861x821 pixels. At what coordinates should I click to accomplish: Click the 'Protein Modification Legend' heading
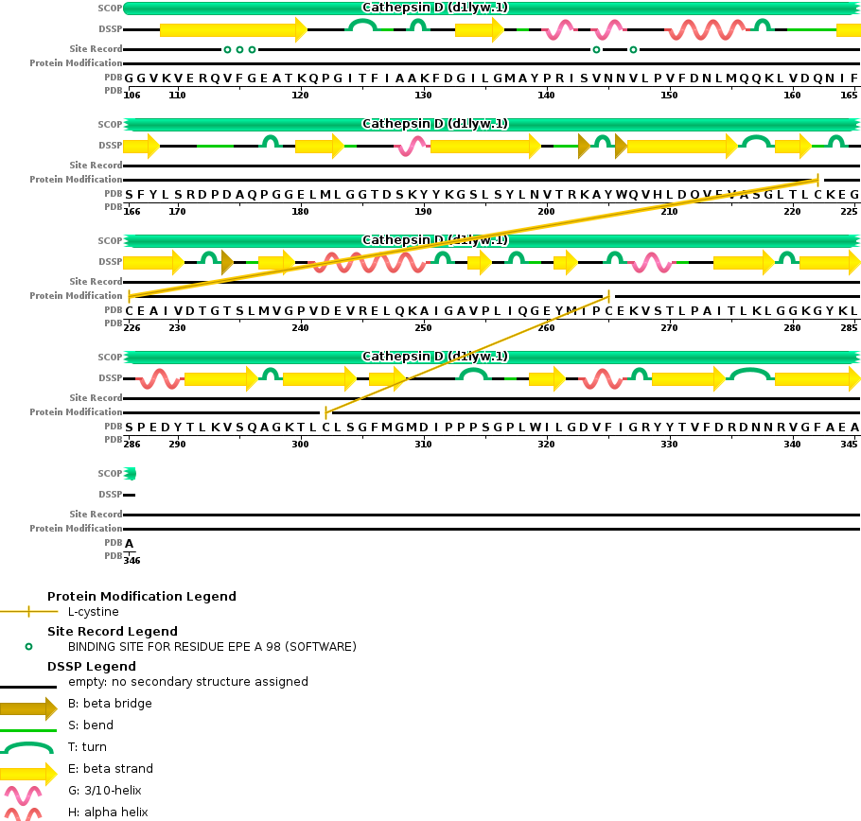(142, 597)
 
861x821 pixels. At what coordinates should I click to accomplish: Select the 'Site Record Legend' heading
(113, 632)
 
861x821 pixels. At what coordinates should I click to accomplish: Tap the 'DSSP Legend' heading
(92, 667)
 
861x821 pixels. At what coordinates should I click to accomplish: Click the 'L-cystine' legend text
(94, 612)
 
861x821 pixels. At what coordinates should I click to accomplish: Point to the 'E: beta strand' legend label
(111, 769)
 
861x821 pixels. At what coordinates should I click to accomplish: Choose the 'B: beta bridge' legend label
(110, 704)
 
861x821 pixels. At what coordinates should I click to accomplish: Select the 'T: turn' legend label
(87, 747)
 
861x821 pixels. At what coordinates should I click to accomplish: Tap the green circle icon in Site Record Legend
(28, 647)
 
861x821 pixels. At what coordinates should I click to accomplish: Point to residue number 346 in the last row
(132, 561)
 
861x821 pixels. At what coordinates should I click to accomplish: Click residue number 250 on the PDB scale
(423, 328)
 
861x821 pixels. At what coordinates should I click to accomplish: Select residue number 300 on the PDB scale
(300, 445)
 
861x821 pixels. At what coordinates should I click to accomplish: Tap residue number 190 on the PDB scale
(423, 212)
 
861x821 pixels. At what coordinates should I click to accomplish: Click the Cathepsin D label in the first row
(434, 8)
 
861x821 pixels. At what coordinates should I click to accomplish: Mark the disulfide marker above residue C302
(325, 412)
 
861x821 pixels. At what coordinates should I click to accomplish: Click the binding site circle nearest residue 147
(633, 49)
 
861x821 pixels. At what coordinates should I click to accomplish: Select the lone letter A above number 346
(130, 544)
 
